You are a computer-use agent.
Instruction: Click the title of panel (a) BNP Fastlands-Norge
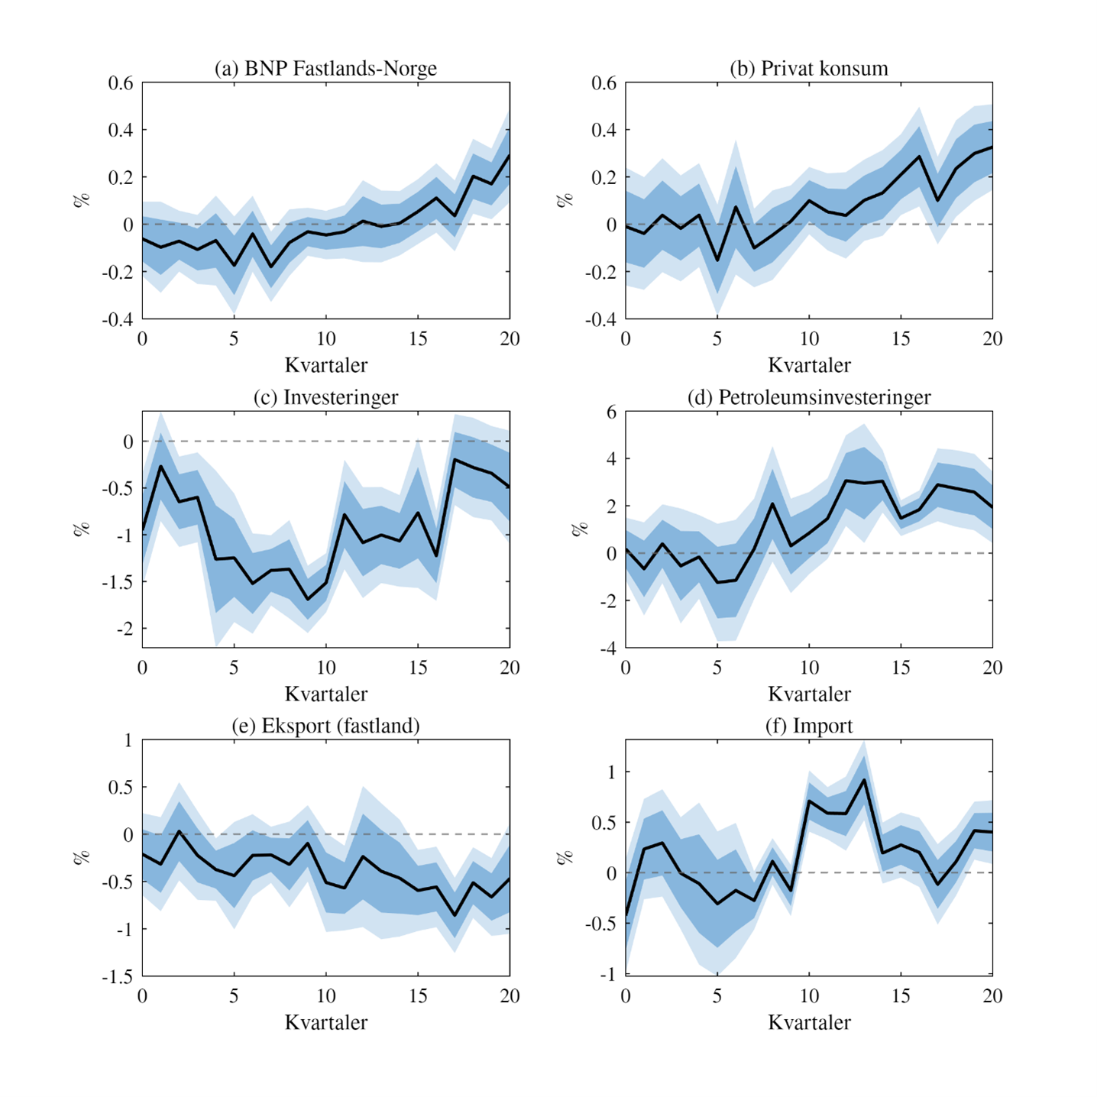(x=325, y=69)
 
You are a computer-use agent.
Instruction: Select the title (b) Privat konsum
(x=809, y=69)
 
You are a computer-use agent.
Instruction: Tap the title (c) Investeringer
(x=325, y=397)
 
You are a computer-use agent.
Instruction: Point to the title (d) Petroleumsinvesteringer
(x=809, y=397)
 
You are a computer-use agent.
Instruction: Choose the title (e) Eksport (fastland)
(x=325, y=726)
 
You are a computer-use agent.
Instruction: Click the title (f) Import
(x=809, y=726)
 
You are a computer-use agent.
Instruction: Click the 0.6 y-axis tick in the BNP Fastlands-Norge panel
(x=121, y=83)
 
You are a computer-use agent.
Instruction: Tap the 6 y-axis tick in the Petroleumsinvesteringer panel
(x=611, y=413)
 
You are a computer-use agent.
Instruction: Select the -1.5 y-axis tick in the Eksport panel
(x=117, y=976)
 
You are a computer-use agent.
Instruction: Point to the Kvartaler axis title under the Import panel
(x=809, y=1022)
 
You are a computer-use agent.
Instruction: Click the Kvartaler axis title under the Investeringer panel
(x=325, y=694)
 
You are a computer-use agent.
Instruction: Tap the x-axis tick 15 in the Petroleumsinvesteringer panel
(x=901, y=668)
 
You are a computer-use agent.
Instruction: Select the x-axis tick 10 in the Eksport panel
(x=326, y=996)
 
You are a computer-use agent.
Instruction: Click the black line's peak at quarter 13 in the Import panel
(x=864, y=780)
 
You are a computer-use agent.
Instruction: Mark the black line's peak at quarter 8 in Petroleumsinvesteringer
(x=772, y=503)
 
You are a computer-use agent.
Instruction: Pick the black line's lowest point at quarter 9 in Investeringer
(x=308, y=600)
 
